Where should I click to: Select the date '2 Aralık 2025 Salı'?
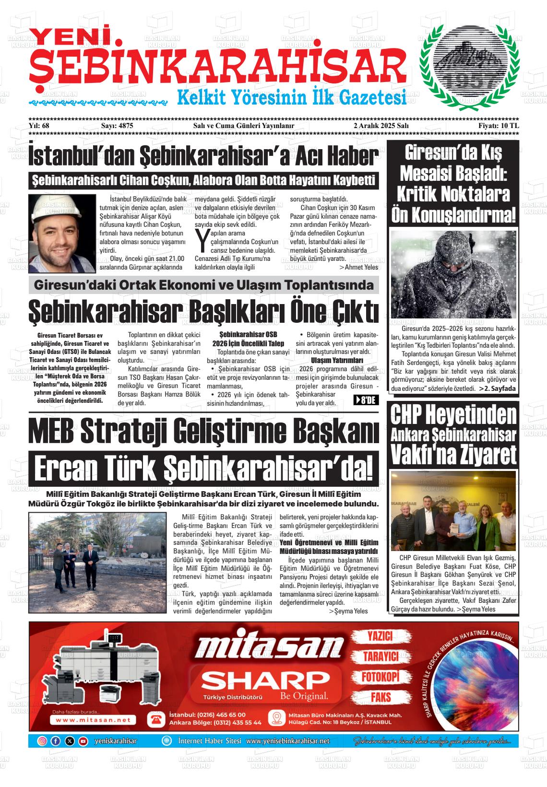click(x=380, y=126)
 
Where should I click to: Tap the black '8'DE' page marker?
click(x=366, y=400)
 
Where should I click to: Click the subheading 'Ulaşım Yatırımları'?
click(x=337, y=360)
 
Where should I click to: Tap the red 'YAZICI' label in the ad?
click(x=380, y=636)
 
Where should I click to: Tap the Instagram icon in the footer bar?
click(x=42, y=741)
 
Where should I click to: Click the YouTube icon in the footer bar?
click(x=83, y=741)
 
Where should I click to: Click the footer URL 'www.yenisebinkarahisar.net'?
click(x=288, y=741)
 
